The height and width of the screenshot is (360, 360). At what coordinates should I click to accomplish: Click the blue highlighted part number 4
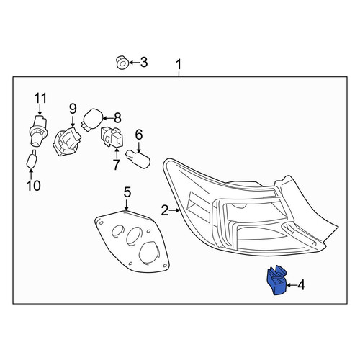pos(276,280)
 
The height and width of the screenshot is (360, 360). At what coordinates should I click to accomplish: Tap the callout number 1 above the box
pos(179,65)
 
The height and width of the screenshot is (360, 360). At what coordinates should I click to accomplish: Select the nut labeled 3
pos(122,63)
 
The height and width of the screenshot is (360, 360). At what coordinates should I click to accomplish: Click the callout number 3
pos(143,63)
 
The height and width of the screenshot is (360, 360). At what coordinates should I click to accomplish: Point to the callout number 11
pos(40,98)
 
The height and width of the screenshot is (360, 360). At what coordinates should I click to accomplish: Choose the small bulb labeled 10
pos(32,159)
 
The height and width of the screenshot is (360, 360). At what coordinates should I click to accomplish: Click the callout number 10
pos(34,186)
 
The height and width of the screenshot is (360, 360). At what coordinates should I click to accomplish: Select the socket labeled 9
pos(67,142)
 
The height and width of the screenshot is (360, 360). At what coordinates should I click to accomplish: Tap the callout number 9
pos(73,109)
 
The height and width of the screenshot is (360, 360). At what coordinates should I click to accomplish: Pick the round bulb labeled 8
pos(92,120)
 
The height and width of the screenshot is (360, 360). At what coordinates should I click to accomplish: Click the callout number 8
pos(117,118)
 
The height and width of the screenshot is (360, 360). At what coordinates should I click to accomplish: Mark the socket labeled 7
pos(112,137)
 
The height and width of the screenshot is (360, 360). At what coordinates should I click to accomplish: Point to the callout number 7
pos(116,165)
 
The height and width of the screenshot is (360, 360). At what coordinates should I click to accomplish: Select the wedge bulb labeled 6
pos(138,159)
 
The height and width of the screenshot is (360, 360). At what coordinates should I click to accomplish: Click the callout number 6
pos(139,135)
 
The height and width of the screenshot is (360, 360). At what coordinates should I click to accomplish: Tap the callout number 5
pos(127,192)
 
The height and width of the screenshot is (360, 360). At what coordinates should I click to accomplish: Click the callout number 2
pos(165,210)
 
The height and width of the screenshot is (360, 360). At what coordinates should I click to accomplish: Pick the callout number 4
pos(301,285)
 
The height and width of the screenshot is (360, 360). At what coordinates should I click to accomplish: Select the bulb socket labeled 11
pos(38,130)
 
